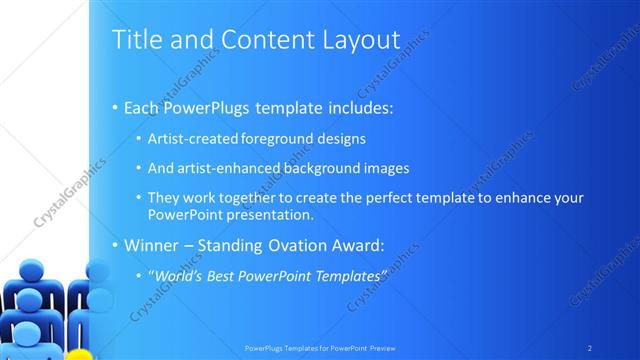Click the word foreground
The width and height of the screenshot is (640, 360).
pos(280,139)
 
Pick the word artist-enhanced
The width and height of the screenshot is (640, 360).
pos(227,169)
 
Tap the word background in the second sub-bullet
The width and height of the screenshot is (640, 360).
pos(326,169)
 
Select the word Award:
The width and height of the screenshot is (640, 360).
pos(357,244)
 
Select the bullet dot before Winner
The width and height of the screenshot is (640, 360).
pos(115,245)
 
